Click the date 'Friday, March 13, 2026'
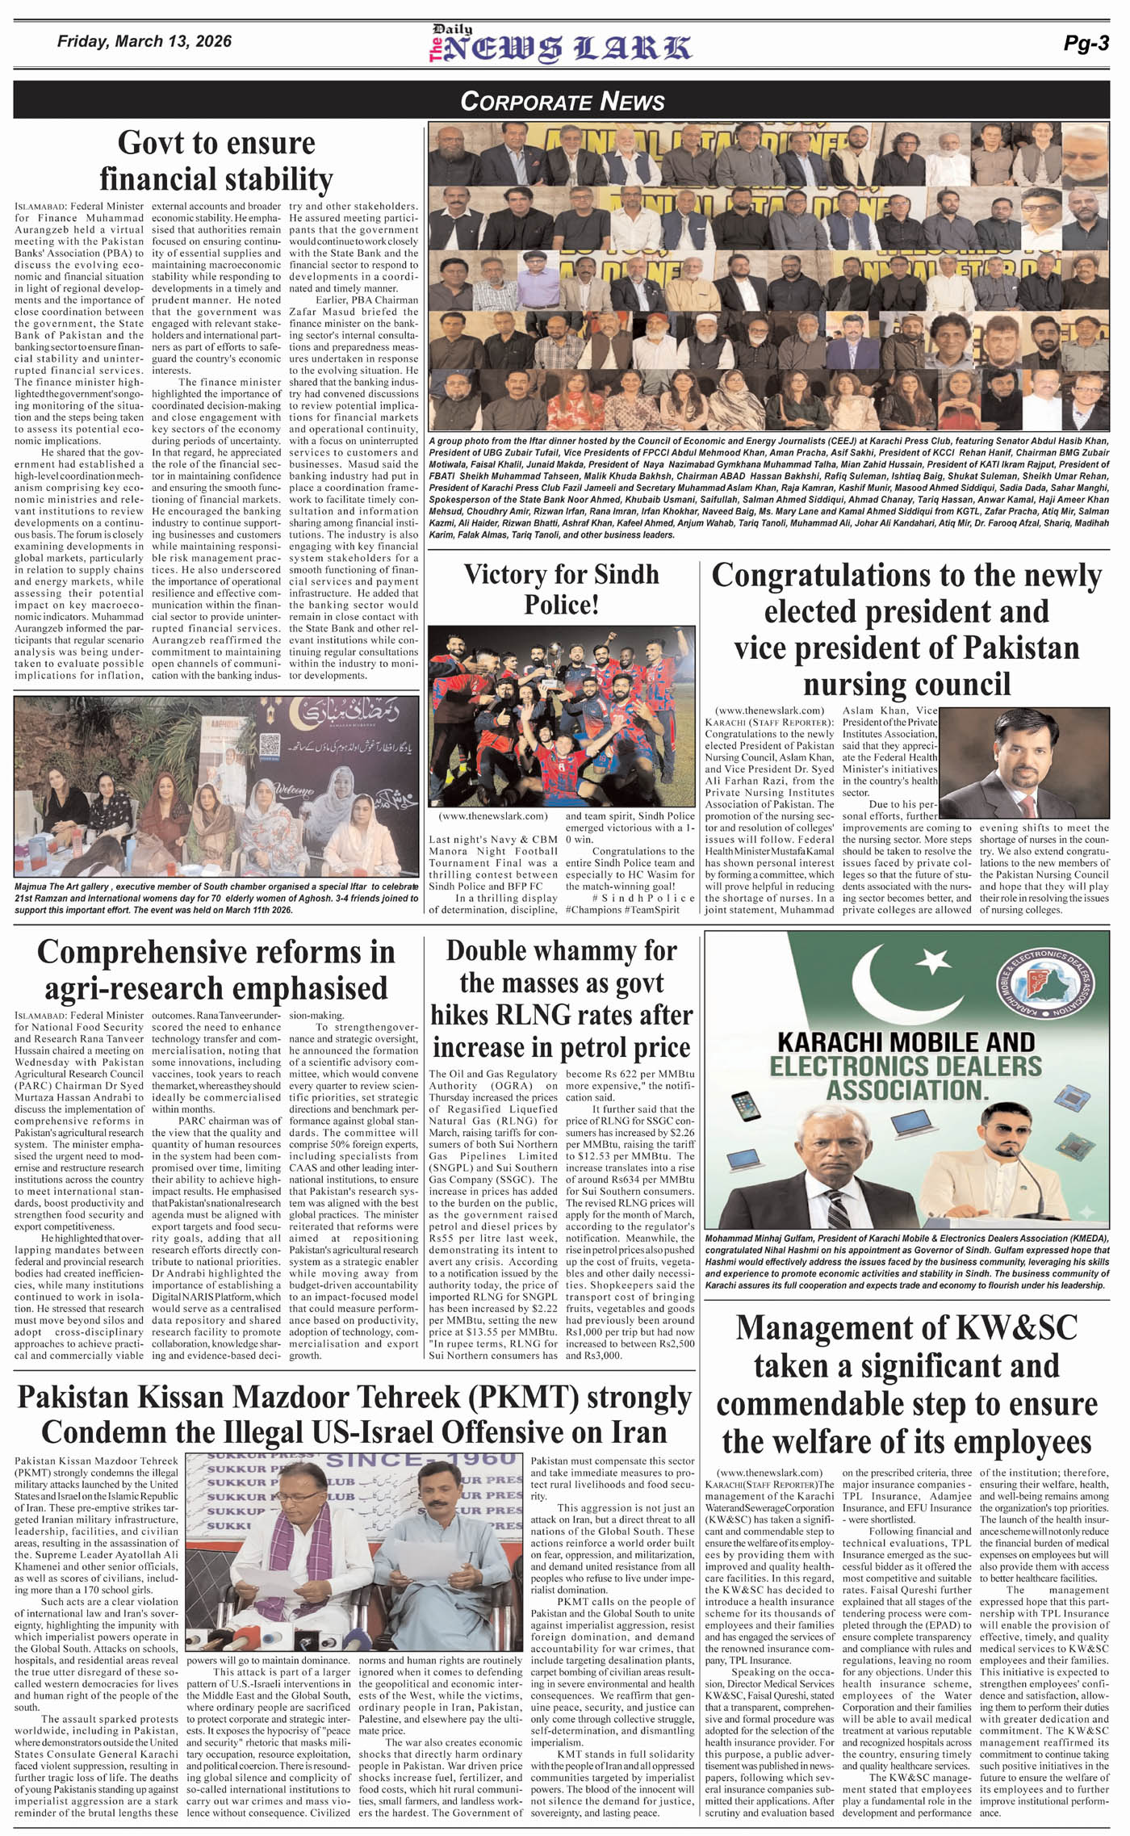144,41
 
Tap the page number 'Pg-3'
1086,44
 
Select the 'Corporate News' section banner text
562,101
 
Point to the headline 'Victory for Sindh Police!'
561,589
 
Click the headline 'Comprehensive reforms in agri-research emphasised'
216,970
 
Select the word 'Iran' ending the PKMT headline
638,1431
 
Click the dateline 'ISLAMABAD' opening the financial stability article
39,207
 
